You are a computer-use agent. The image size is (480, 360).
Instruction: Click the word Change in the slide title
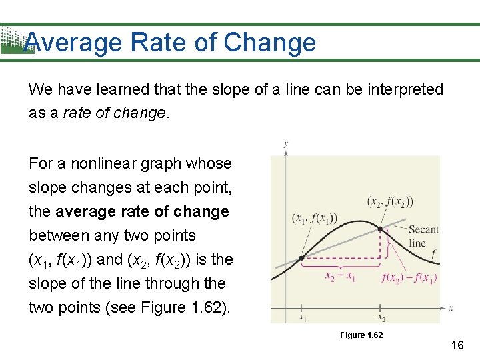270,43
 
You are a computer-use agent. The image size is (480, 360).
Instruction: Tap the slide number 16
457,345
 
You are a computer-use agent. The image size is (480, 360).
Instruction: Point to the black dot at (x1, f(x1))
301,258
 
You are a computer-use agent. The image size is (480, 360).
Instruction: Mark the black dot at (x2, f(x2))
381,229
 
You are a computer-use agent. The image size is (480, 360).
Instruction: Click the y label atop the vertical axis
285,143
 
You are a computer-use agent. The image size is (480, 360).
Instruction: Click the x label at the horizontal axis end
451,308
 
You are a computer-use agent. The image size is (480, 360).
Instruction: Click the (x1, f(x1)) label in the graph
315,217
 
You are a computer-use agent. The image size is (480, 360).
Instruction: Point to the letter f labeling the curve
433,253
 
